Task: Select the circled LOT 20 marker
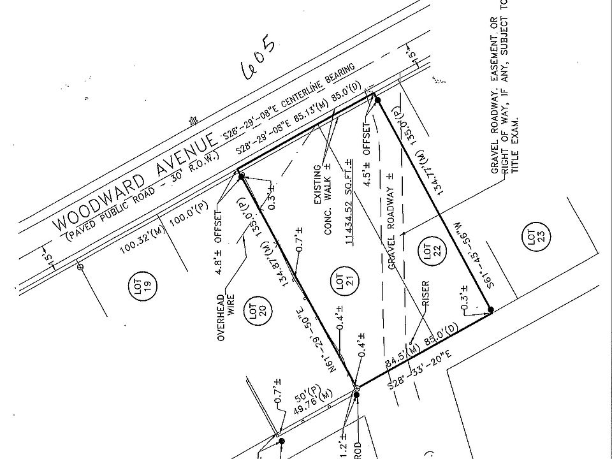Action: (257, 312)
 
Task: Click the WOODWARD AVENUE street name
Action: (134, 182)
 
